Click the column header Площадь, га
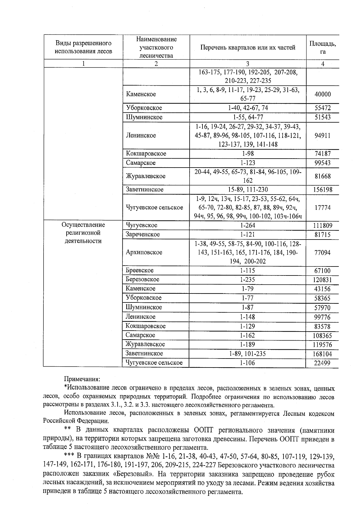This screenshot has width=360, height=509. click(x=322, y=47)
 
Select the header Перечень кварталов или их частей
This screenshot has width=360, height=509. click(x=248, y=47)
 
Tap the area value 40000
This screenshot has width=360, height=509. click(x=322, y=94)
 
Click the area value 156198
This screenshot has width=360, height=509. click(x=322, y=190)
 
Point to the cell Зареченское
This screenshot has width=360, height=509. click(x=143, y=234)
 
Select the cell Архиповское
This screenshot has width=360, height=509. click(x=144, y=252)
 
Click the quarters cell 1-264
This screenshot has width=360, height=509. click(x=248, y=225)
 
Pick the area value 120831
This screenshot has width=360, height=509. click(x=322, y=280)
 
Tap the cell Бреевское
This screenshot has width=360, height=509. click(x=140, y=270)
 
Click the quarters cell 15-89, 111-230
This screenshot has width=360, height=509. click(x=248, y=189)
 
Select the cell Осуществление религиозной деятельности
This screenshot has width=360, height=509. click(x=83, y=233)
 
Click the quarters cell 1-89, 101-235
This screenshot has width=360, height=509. click(x=248, y=354)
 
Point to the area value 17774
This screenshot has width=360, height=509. click(x=322, y=207)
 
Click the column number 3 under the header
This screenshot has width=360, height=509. click(x=247, y=64)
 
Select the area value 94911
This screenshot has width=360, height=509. click(x=322, y=135)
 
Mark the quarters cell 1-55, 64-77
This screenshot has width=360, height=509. click(x=248, y=117)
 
